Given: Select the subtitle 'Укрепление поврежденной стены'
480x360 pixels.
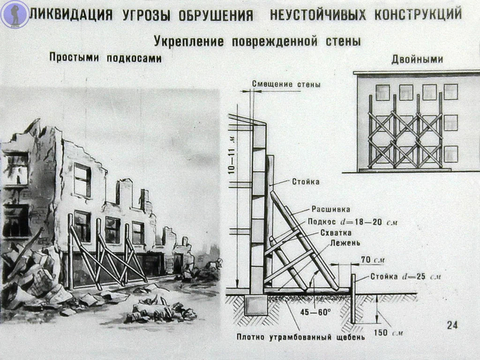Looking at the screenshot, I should pos(257,42).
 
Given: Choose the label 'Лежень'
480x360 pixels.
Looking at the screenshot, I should pos(328,244).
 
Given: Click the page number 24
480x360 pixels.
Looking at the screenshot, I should pos(452,325).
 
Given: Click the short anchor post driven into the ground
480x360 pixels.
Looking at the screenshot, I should pos(353,298).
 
